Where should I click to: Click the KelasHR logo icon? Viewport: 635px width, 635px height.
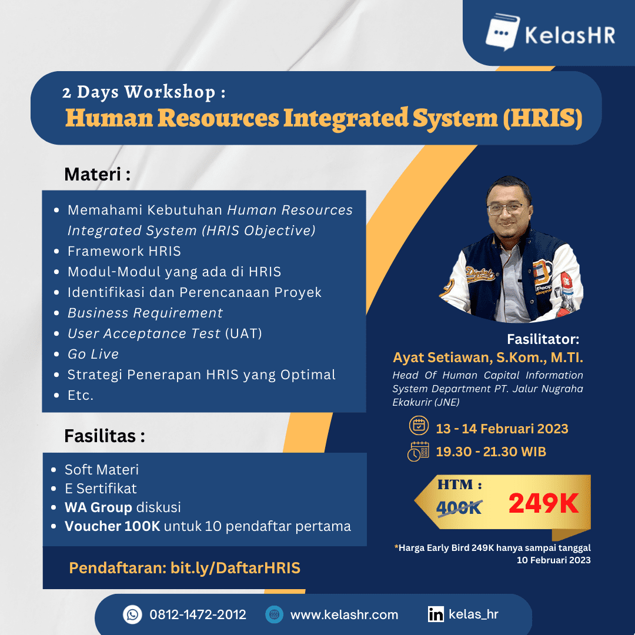(502, 34)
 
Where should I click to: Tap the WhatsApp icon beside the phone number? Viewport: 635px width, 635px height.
(133, 615)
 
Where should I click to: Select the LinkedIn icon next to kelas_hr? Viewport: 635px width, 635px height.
(436, 615)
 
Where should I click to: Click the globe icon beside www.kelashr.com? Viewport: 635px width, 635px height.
(274, 615)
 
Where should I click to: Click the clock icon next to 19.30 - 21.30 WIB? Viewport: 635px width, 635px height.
(418, 452)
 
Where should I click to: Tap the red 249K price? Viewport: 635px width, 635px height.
(543, 503)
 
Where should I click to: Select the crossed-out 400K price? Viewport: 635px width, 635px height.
(459, 507)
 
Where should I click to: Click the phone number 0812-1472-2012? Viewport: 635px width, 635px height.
(198, 615)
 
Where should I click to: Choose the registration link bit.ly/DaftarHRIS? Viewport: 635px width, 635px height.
(235, 568)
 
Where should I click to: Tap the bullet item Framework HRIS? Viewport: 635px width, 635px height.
(124, 251)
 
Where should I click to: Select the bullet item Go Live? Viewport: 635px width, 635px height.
(93, 354)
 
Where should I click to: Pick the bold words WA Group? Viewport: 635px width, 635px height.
(99, 507)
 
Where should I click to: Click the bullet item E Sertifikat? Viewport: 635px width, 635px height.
(101, 488)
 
